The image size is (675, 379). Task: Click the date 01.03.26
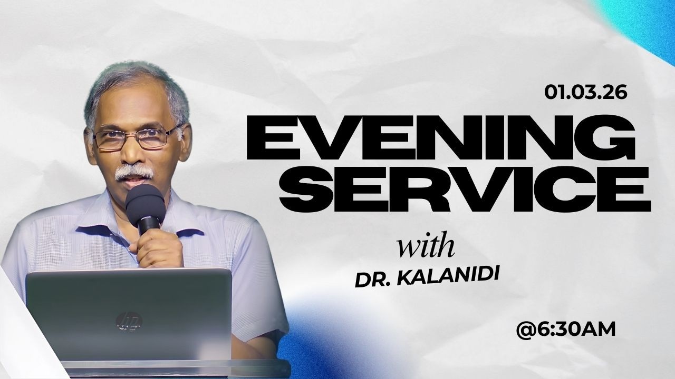pos(586,93)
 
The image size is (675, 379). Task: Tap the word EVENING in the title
pos(441,138)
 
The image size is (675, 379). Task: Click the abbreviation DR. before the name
pos(372,280)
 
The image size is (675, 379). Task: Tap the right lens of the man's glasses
pos(156,137)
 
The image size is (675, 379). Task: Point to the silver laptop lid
pos(129,311)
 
